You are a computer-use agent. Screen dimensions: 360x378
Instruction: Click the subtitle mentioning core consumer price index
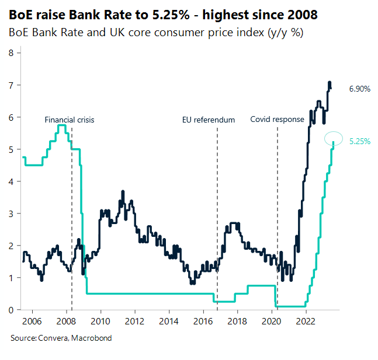coord(155,33)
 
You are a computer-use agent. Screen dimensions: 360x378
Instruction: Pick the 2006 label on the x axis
coord(32,321)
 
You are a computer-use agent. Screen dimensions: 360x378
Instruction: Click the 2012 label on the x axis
coord(135,321)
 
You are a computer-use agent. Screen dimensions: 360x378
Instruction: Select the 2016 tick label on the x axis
coord(203,321)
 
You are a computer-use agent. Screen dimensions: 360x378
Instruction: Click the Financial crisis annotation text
coord(70,120)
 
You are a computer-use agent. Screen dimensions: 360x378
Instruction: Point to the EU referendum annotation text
coord(209,120)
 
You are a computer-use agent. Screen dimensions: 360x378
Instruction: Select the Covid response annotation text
coord(277,120)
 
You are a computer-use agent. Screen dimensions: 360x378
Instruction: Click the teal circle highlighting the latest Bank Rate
coord(334,138)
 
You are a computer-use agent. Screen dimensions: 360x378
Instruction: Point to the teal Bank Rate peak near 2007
coord(61,125)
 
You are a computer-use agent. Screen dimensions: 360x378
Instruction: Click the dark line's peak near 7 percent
coord(330,82)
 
